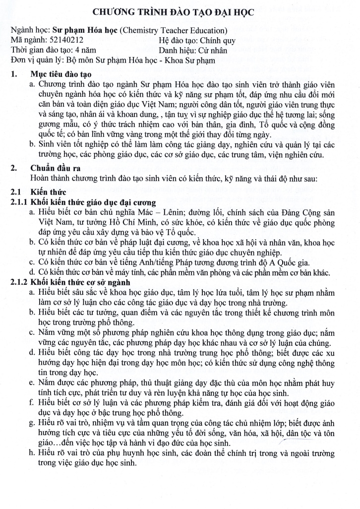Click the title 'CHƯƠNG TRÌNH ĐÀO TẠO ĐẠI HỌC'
[180, 13]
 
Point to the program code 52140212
[66, 40]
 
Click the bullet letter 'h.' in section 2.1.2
[32, 453]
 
